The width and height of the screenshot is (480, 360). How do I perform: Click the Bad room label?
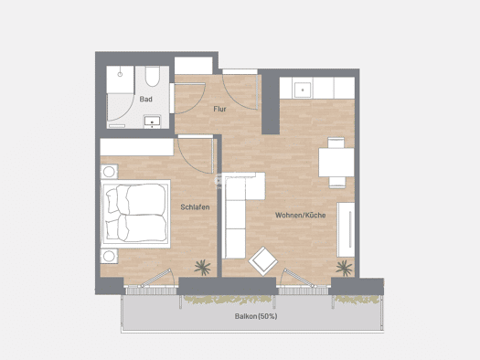pos(145,99)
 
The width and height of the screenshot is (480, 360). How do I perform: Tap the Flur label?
pos(219,109)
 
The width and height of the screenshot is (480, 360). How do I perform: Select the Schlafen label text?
pos(195,207)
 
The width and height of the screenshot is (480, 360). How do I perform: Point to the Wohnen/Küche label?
pos(300,215)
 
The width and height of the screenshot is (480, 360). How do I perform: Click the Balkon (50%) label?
pos(256,316)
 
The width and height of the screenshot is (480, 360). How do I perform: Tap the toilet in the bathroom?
pos(152,77)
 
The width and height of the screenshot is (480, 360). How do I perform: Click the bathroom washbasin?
pos(152,122)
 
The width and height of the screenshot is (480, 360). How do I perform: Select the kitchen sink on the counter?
pos(303,90)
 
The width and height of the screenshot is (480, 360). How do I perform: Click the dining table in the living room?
pos(336,163)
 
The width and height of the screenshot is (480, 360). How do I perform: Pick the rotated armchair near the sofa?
pos(263,261)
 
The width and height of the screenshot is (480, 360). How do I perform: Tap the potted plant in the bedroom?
pos(202,267)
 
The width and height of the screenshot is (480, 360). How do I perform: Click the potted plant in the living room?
pos(344,268)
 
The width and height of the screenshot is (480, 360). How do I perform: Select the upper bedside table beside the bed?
pos(109,172)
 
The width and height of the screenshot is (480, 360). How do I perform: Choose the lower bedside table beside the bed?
pos(109,256)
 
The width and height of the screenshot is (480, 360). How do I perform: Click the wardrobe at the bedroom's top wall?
pos(137,147)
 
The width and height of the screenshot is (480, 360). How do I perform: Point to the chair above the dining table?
pos(336,143)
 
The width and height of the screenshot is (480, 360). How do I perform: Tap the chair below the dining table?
pos(337,182)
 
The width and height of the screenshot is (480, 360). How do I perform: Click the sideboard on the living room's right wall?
pos(346,229)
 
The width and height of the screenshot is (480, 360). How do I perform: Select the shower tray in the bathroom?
pos(120,79)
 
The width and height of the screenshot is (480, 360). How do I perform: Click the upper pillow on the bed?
pos(112,201)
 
